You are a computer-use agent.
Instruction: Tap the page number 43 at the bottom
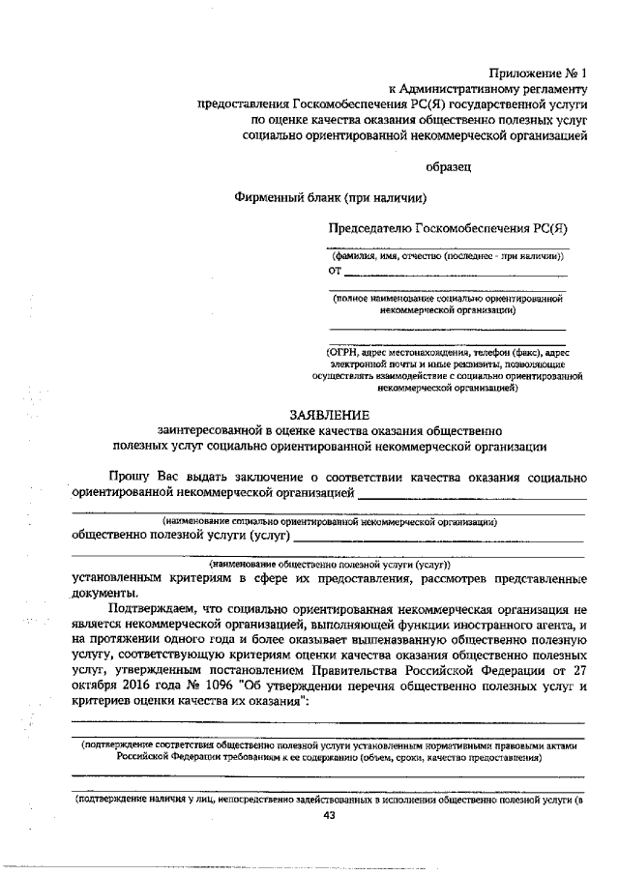click(x=328, y=815)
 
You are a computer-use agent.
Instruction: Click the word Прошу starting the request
click(x=128, y=477)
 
